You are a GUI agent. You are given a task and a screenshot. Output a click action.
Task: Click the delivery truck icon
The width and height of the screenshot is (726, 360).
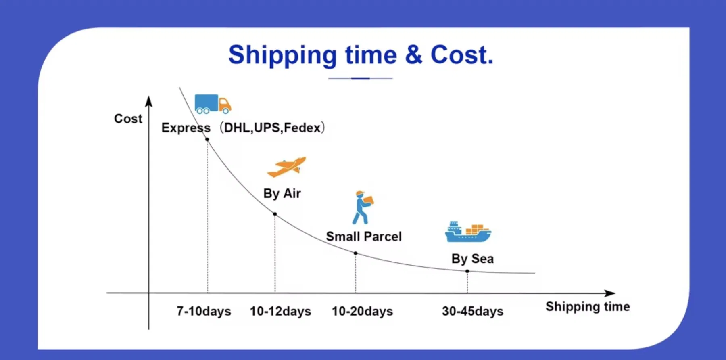(213, 104)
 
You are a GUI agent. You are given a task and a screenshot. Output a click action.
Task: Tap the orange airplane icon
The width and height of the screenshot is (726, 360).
(286, 167)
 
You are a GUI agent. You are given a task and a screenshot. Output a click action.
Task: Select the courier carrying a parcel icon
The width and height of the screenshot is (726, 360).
(363, 207)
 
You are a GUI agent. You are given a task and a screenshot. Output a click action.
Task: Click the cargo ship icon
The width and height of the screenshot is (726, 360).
(468, 232)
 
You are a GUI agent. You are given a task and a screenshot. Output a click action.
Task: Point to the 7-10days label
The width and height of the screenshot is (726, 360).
(204, 311)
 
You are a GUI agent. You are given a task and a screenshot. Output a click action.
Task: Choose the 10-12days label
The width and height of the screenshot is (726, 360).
(280, 311)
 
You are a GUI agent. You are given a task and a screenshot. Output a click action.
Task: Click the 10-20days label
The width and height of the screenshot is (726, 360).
(362, 311)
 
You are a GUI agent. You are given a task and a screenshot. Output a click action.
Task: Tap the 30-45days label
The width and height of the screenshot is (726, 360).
(473, 311)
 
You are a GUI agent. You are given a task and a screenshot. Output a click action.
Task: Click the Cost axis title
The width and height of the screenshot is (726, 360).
(128, 119)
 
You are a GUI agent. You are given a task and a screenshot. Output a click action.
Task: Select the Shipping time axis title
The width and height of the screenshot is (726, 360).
(588, 307)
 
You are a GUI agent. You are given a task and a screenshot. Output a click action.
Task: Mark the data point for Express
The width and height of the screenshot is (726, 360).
(207, 139)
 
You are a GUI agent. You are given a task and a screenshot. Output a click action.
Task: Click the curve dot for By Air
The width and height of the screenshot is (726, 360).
(275, 214)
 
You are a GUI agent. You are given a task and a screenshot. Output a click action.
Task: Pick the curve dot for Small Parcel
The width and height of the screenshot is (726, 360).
(355, 253)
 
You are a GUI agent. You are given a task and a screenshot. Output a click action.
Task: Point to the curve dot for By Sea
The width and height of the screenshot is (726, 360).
(467, 271)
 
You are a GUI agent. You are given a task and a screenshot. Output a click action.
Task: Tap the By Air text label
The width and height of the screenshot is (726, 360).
(282, 193)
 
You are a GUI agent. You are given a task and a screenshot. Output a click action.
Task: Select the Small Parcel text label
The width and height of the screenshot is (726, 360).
(364, 237)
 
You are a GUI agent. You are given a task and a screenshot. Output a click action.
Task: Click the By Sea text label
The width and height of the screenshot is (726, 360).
(472, 259)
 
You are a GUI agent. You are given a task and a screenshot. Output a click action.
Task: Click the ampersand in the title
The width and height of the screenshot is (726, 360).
(413, 55)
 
